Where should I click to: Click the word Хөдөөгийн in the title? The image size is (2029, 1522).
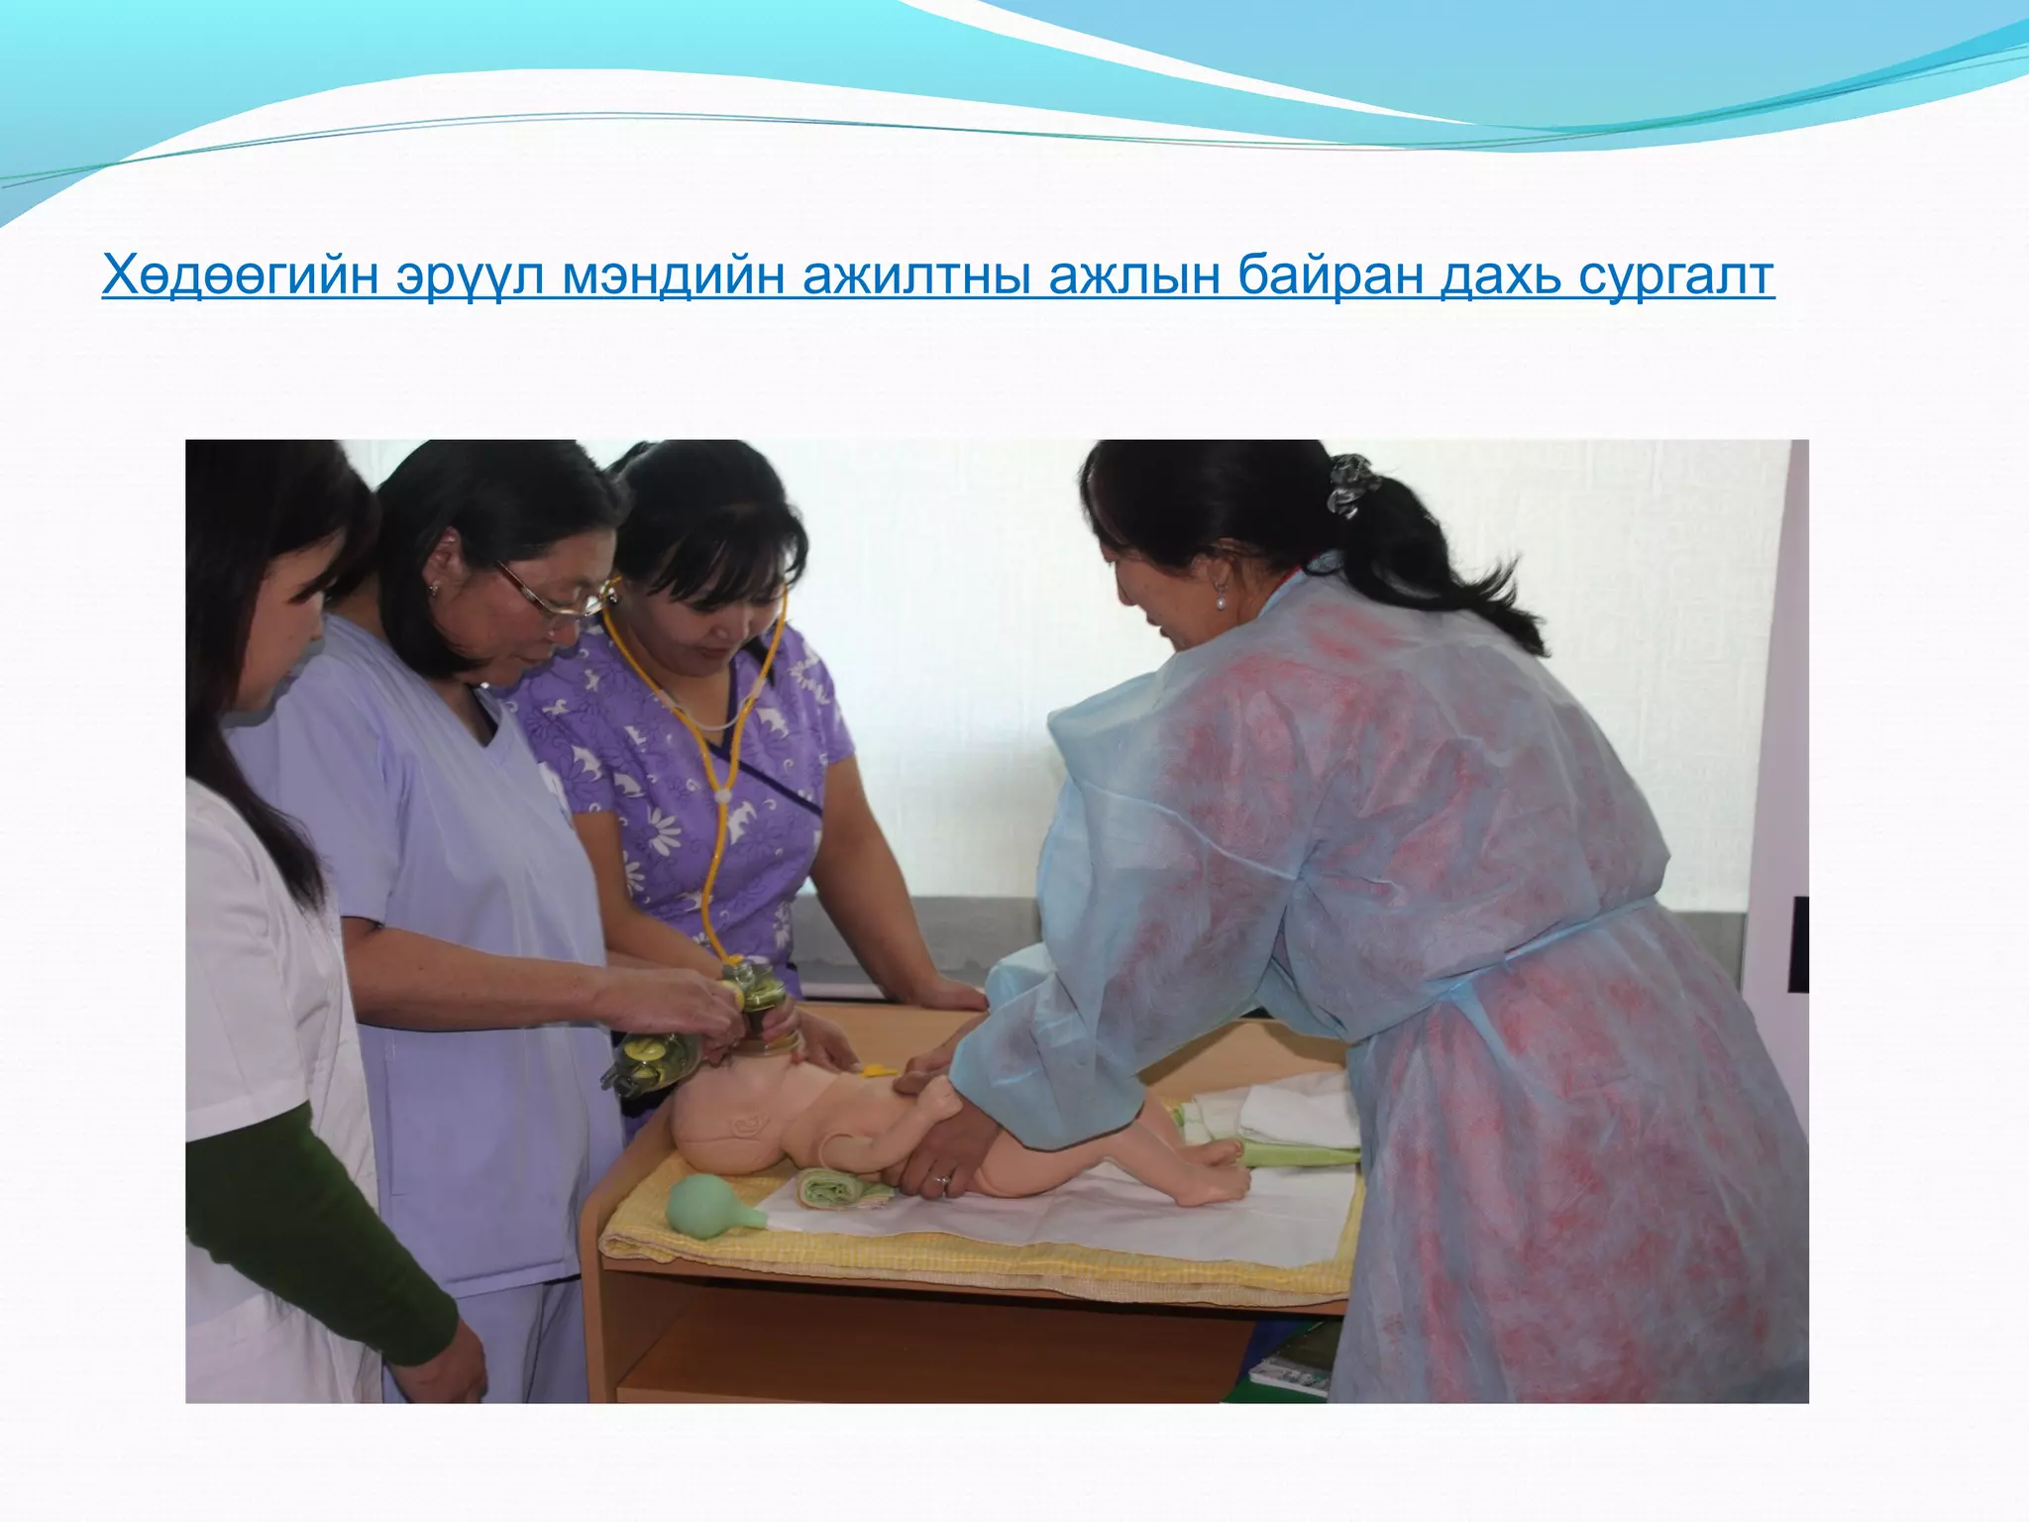point(239,275)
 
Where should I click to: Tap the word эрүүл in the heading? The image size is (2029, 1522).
point(469,275)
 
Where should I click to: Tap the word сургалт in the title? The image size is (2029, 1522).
point(1673,275)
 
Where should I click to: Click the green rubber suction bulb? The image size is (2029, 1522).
point(705,1204)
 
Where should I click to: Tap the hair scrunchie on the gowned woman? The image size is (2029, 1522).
point(1350,485)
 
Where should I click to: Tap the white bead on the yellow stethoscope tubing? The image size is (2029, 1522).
point(724,795)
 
